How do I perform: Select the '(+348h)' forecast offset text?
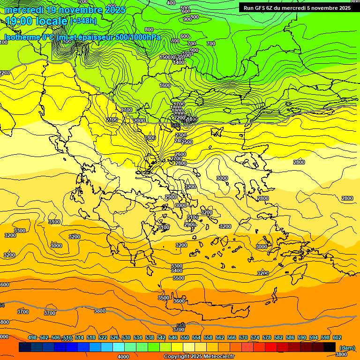pyautogui.click(x=83, y=21)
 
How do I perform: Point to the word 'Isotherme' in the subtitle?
pyautogui.click(x=22, y=37)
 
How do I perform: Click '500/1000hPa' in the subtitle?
pyautogui.click(x=139, y=37)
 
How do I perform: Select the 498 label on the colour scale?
pyautogui.click(x=32, y=337)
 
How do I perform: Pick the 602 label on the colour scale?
pyautogui.click(x=337, y=337)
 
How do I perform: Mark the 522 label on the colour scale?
pyautogui.click(x=103, y=337)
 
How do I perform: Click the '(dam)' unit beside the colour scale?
pyautogui.click(x=347, y=347)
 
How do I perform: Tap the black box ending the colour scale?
pyautogui.click(x=330, y=347)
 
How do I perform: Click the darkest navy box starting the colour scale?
pyautogui.click(x=25, y=347)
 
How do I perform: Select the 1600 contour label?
pyautogui.click(x=165, y=85)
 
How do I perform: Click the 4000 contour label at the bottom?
pyautogui.click(x=123, y=357)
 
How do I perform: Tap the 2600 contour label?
pyautogui.click(x=180, y=154)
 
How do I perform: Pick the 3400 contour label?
pyautogui.click(x=177, y=270)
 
